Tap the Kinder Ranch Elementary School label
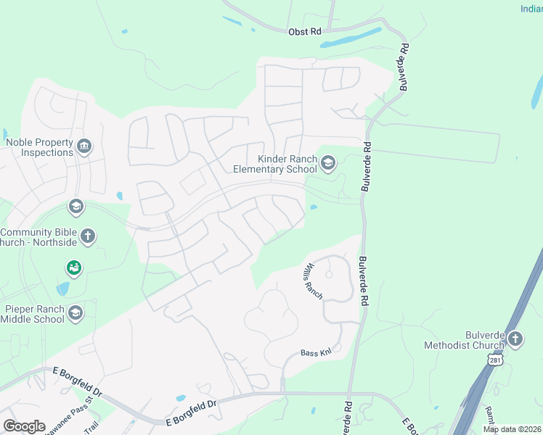274,164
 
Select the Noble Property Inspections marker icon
85,147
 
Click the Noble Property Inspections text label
39,147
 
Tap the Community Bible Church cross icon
88,236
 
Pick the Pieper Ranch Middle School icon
75,313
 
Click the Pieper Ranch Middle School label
34,314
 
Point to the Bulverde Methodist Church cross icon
515,339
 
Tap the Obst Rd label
304,32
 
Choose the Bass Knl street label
316,353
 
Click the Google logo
24,426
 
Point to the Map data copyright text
512,429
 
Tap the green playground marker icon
73,269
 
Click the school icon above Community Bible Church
75,207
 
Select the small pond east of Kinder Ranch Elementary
313,208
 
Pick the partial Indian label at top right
531,9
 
